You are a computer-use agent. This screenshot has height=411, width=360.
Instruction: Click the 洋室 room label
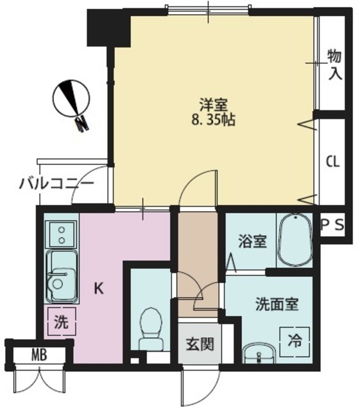click(x=214, y=105)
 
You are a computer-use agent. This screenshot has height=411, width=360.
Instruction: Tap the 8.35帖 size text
click(x=213, y=120)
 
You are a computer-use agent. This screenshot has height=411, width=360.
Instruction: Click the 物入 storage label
click(x=335, y=65)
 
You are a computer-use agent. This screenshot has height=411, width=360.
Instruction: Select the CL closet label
click(x=333, y=162)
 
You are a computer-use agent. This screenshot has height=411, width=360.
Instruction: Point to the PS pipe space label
click(x=332, y=225)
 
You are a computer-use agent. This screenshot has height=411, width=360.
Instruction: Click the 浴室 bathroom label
click(x=252, y=241)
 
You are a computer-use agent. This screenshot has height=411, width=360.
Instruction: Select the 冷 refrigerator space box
click(x=295, y=342)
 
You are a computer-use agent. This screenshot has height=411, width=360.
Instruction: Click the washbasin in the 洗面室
click(x=259, y=354)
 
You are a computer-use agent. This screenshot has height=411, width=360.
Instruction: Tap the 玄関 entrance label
click(x=200, y=344)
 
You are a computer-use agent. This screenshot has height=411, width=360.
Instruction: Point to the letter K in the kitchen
click(x=99, y=288)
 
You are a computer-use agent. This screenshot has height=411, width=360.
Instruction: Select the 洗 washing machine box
click(x=62, y=322)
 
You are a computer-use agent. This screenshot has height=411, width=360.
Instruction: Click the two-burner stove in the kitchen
click(x=62, y=234)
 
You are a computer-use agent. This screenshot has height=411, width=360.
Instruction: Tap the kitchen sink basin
click(x=62, y=276)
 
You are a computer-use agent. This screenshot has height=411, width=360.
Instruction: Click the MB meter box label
click(x=39, y=355)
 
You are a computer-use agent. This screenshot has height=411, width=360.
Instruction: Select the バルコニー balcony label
click(x=56, y=184)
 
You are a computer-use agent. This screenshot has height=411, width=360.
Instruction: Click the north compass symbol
click(x=71, y=99)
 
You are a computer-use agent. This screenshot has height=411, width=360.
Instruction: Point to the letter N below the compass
click(x=81, y=124)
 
